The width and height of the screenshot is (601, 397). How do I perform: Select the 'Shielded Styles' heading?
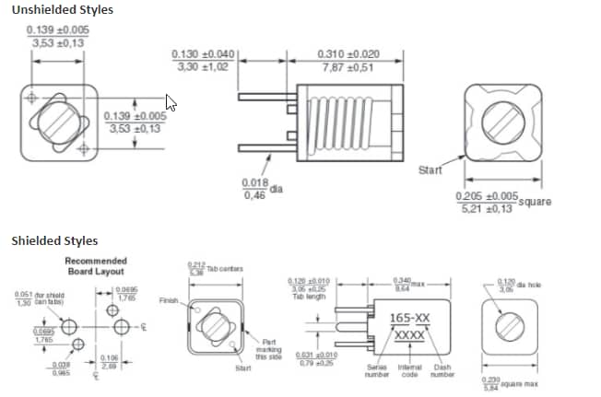[54, 241]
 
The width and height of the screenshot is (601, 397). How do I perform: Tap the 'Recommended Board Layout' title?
[96, 267]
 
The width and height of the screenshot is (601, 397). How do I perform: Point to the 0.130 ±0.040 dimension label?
[203, 61]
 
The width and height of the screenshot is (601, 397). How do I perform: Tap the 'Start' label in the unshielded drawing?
[430, 170]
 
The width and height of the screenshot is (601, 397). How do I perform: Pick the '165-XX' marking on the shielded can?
[409, 319]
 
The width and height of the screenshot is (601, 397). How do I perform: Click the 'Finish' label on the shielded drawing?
[169, 300]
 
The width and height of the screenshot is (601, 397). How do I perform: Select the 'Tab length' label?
[315, 295]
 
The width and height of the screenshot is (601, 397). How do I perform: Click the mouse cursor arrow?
[170, 101]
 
